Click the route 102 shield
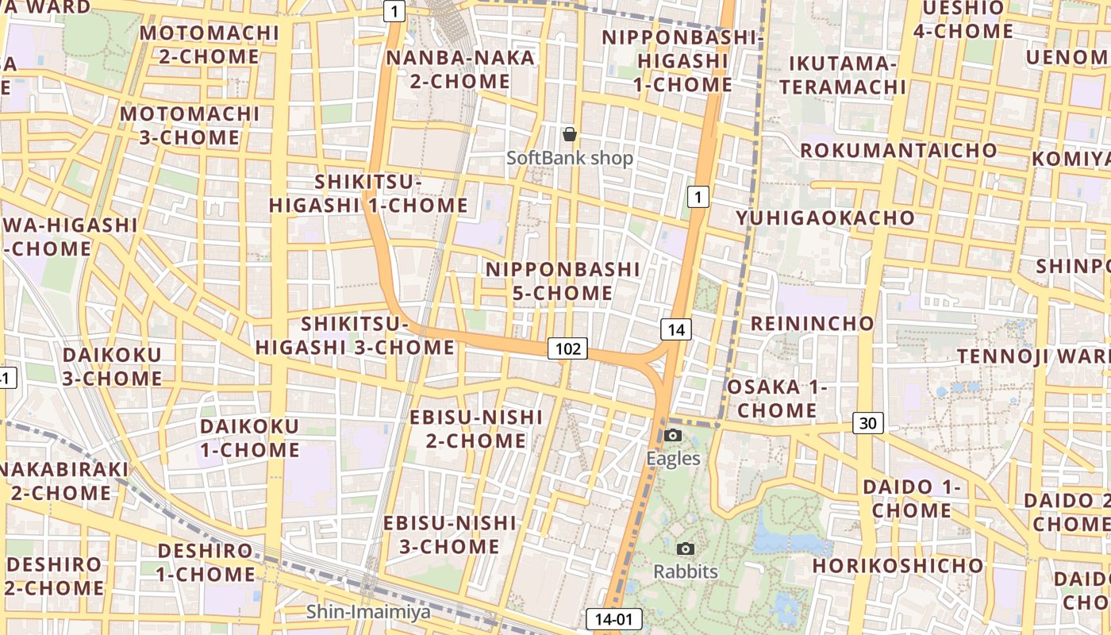tap(567, 348)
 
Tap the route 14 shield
tap(675, 329)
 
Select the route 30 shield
tap(868, 423)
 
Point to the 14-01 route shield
tap(613, 619)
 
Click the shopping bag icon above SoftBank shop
tap(569, 134)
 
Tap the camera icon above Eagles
tap(673, 435)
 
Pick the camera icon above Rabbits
tap(686, 548)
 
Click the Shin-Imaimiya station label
tap(368, 611)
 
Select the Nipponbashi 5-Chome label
tap(563, 281)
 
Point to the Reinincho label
tap(812, 323)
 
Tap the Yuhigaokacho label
tap(825, 217)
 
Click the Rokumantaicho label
tap(898, 150)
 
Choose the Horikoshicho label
tap(898, 565)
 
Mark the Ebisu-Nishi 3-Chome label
tap(449, 534)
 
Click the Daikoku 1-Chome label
tap(249, 438)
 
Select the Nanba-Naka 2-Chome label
tap(460, 69)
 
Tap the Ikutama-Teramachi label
tap(843, 75)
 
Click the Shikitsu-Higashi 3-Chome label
tap(355, 336)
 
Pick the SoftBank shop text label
tap(570, 158)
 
